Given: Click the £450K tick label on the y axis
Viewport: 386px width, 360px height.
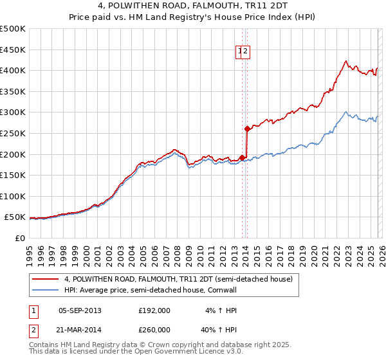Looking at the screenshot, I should [x=13, y=50].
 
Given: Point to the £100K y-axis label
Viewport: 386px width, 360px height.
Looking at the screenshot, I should [x=13, y=196].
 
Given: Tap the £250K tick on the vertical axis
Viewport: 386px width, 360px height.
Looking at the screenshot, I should [x=13, y=133].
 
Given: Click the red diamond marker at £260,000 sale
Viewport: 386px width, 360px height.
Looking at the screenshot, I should [x=248, y=129].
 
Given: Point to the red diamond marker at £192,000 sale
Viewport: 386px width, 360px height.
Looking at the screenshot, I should [x=242, y=157].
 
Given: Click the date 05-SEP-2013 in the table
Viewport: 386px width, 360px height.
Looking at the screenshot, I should [x=80, y=310].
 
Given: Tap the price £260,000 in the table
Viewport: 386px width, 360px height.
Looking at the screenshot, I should [x=154, y=329].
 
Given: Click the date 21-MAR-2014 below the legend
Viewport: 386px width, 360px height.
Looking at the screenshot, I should [x=80, y=329].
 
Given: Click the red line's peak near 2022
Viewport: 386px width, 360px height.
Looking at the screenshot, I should [x=345, y=61].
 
